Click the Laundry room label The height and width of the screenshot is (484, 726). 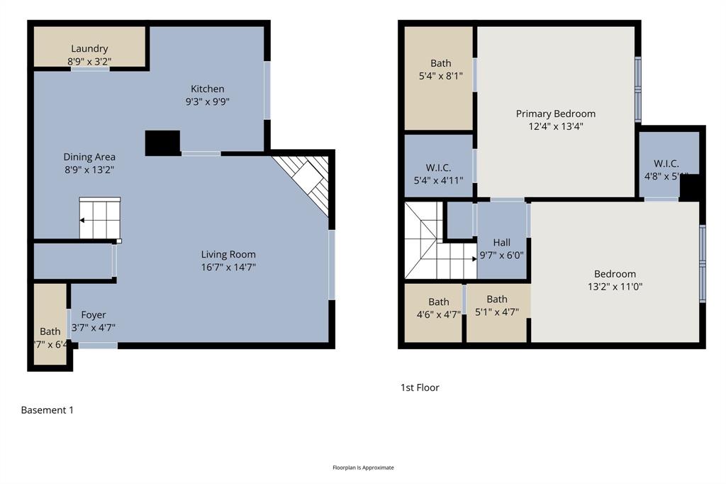coord(89,49)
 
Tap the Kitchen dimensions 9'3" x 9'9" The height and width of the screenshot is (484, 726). coord(208,101)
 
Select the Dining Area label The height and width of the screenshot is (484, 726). coord(89,157)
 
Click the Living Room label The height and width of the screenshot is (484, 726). coord(228,254)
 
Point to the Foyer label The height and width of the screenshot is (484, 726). coord(94,314)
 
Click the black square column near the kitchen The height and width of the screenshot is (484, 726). coord(162,143)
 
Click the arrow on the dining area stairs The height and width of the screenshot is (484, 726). coord(83,221)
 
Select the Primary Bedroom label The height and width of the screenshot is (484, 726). coord(555,114)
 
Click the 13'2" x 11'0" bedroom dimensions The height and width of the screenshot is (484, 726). coord(615,287)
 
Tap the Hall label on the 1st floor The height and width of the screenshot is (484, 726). coord(502,243)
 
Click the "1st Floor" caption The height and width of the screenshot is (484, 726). coord(420,387)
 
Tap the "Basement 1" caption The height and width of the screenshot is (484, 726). coord(47,410)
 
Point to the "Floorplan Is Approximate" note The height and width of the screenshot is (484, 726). coord(363,468)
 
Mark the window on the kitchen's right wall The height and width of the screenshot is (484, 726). coord(267,90)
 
